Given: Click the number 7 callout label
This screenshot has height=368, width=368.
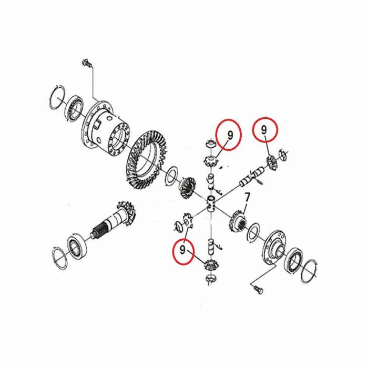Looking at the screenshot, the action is [x=247, y=197].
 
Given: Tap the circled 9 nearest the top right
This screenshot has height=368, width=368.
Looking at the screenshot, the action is [x=265, y=129].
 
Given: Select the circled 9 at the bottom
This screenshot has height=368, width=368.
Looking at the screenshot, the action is [x=183, y=251].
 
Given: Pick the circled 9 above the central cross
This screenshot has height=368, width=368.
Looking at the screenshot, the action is [x=229, y=135].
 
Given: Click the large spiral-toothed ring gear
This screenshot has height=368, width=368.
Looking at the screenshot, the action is [x=146, y=160].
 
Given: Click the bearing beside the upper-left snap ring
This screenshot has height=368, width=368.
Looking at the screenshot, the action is [x=75, y=108].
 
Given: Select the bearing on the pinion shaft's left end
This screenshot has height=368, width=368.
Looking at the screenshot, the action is [x=77, y=247].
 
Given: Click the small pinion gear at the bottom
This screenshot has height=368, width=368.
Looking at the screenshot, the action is [x=210, y=265].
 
